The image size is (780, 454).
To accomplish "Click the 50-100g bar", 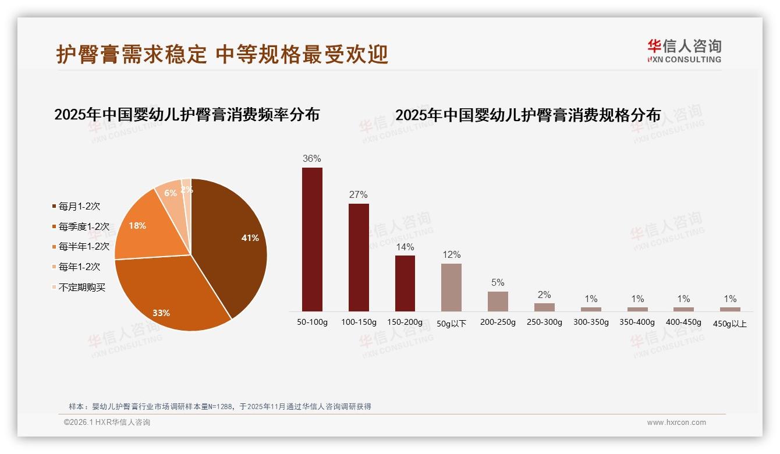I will pos(312,239).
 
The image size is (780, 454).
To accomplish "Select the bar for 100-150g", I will pos(359,257).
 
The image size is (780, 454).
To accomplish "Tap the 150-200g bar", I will pos(405,283).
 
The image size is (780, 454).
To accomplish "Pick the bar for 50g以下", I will pos(451,287).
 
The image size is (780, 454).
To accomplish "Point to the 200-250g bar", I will pos(498,301).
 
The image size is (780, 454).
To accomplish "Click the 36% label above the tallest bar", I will pos(312,158).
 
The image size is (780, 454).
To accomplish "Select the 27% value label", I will pos(359,194).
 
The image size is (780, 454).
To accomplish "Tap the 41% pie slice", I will pos(233,239).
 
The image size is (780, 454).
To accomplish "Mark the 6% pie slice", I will pos(169,193).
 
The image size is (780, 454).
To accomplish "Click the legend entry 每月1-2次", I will pos(79,206).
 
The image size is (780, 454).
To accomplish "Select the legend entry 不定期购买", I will pos(81,287).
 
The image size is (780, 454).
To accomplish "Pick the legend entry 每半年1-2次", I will pos(84,246).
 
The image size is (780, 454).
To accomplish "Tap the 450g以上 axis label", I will pos(730,324).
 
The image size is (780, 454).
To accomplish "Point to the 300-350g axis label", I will pos(591,322).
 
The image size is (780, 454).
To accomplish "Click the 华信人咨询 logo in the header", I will pos(684,51).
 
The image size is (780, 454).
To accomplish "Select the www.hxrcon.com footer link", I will pos(676,423).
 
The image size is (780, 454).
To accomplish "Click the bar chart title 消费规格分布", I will pos(528,115).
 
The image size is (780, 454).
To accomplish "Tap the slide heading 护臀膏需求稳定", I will pos(132,55).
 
